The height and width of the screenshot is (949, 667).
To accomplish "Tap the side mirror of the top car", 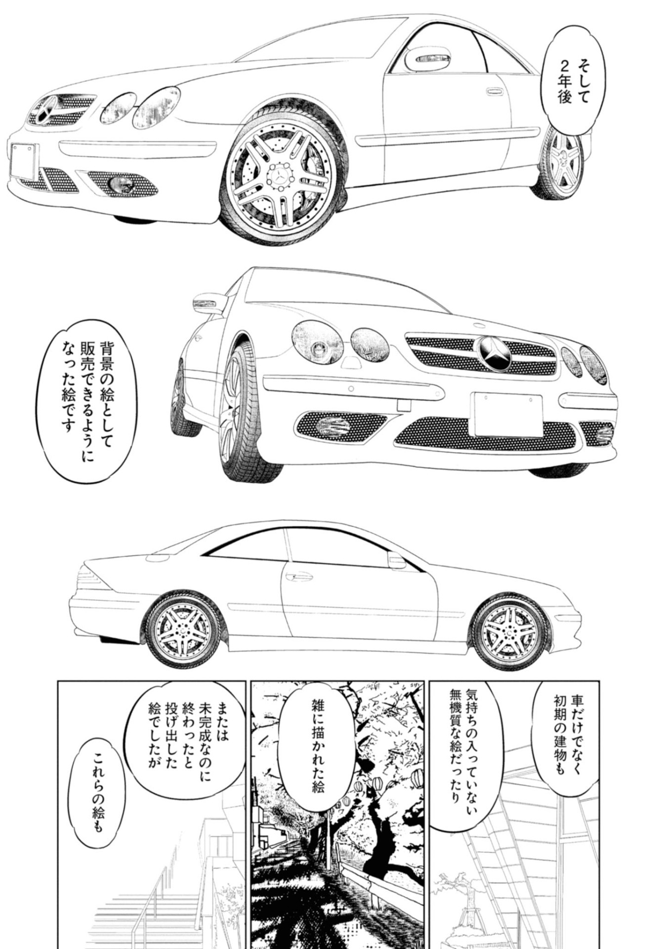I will pos(429,60).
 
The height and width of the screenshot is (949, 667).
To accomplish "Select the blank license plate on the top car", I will pos(23,161).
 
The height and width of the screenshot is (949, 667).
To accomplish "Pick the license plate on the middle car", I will pos(507,414).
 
